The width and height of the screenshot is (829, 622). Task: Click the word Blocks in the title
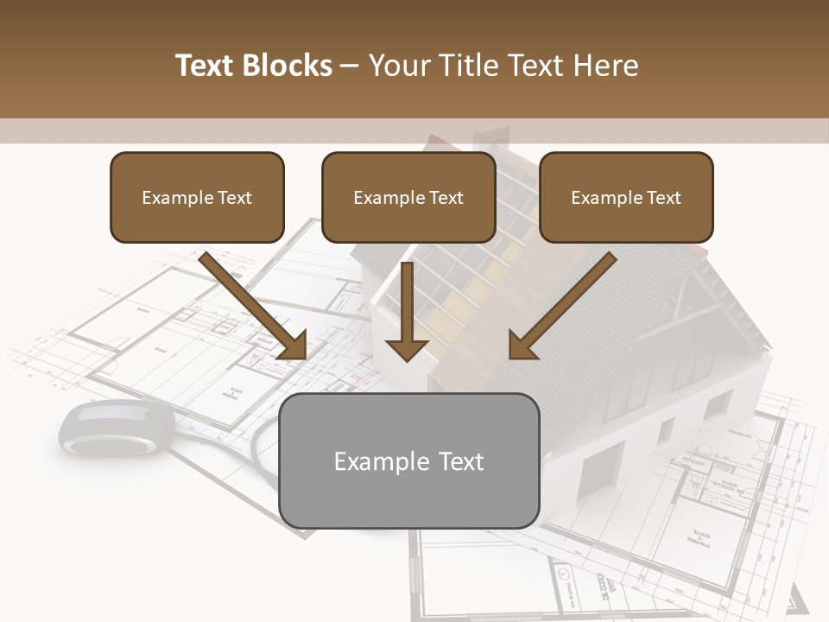click(x=287, y=66)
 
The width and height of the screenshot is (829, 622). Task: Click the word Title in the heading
click(x=463, y=66)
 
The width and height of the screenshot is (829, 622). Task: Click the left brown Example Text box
click(x=197, y=197)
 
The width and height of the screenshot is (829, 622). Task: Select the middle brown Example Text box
click(x=408, y=197)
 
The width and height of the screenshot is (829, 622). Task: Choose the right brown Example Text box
click(x=626, y=197)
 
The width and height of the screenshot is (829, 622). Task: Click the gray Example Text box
click(x=409, y=460)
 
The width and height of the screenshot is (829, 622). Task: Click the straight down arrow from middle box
click(x=407, y=311)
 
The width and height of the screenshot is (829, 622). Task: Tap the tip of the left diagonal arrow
click(x=303, y=356)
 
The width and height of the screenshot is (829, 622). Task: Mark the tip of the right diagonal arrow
click(x=512, y=356)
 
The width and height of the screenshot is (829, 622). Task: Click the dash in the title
click(x=350, y=67)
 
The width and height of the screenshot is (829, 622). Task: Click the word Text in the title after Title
click(x=534, y=66)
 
